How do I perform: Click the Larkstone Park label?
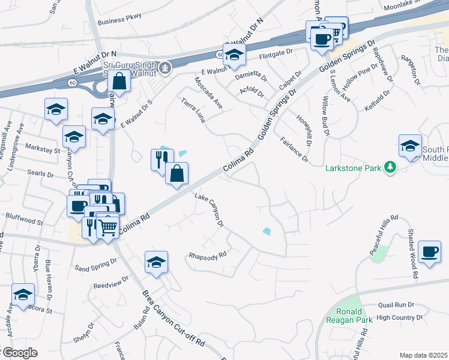tap(353, 169)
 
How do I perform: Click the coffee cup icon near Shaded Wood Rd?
tap(429, 251)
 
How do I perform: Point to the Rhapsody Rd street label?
tap(206, 254)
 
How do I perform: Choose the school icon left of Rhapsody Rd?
tap(156, 262)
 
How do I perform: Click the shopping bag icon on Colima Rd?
tap(176, 173)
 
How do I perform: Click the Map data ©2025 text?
tap(424, 355)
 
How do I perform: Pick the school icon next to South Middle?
tap(411, 146)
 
